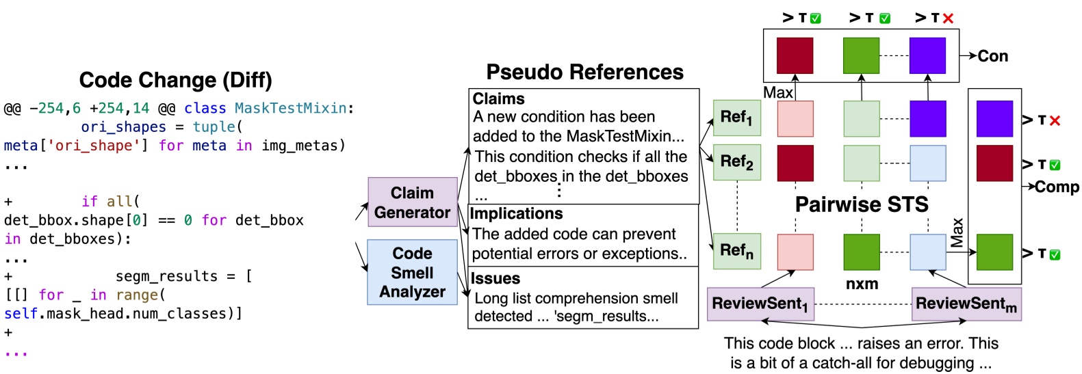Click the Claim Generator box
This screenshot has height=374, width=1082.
pos(412,202)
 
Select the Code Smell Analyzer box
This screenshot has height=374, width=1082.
pos(412,272)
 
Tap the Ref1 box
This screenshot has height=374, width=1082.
pos(736,118)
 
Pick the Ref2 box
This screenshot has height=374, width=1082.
pos(736,162)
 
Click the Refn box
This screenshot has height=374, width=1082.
pos(736,251)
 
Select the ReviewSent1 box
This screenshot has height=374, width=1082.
pos(760,304)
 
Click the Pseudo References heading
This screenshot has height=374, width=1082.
pos(584,72)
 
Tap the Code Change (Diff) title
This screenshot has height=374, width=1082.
pos(175,80)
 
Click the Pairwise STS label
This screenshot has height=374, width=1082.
pos(861,204)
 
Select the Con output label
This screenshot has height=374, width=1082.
pos(992,56)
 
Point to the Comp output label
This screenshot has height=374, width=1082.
pos(1056,187)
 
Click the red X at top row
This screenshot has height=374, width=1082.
pos(948,18)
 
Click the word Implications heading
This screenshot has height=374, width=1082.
pos(517,214)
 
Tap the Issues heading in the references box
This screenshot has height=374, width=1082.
pos(495,279)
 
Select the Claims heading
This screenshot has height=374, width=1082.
pos(499,99)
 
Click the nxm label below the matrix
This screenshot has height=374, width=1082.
pos(862,284)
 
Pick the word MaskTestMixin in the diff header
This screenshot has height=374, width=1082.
pos(290,109)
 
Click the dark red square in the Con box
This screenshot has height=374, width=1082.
pos(795,55)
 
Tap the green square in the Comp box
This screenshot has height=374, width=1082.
pos(994,252)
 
